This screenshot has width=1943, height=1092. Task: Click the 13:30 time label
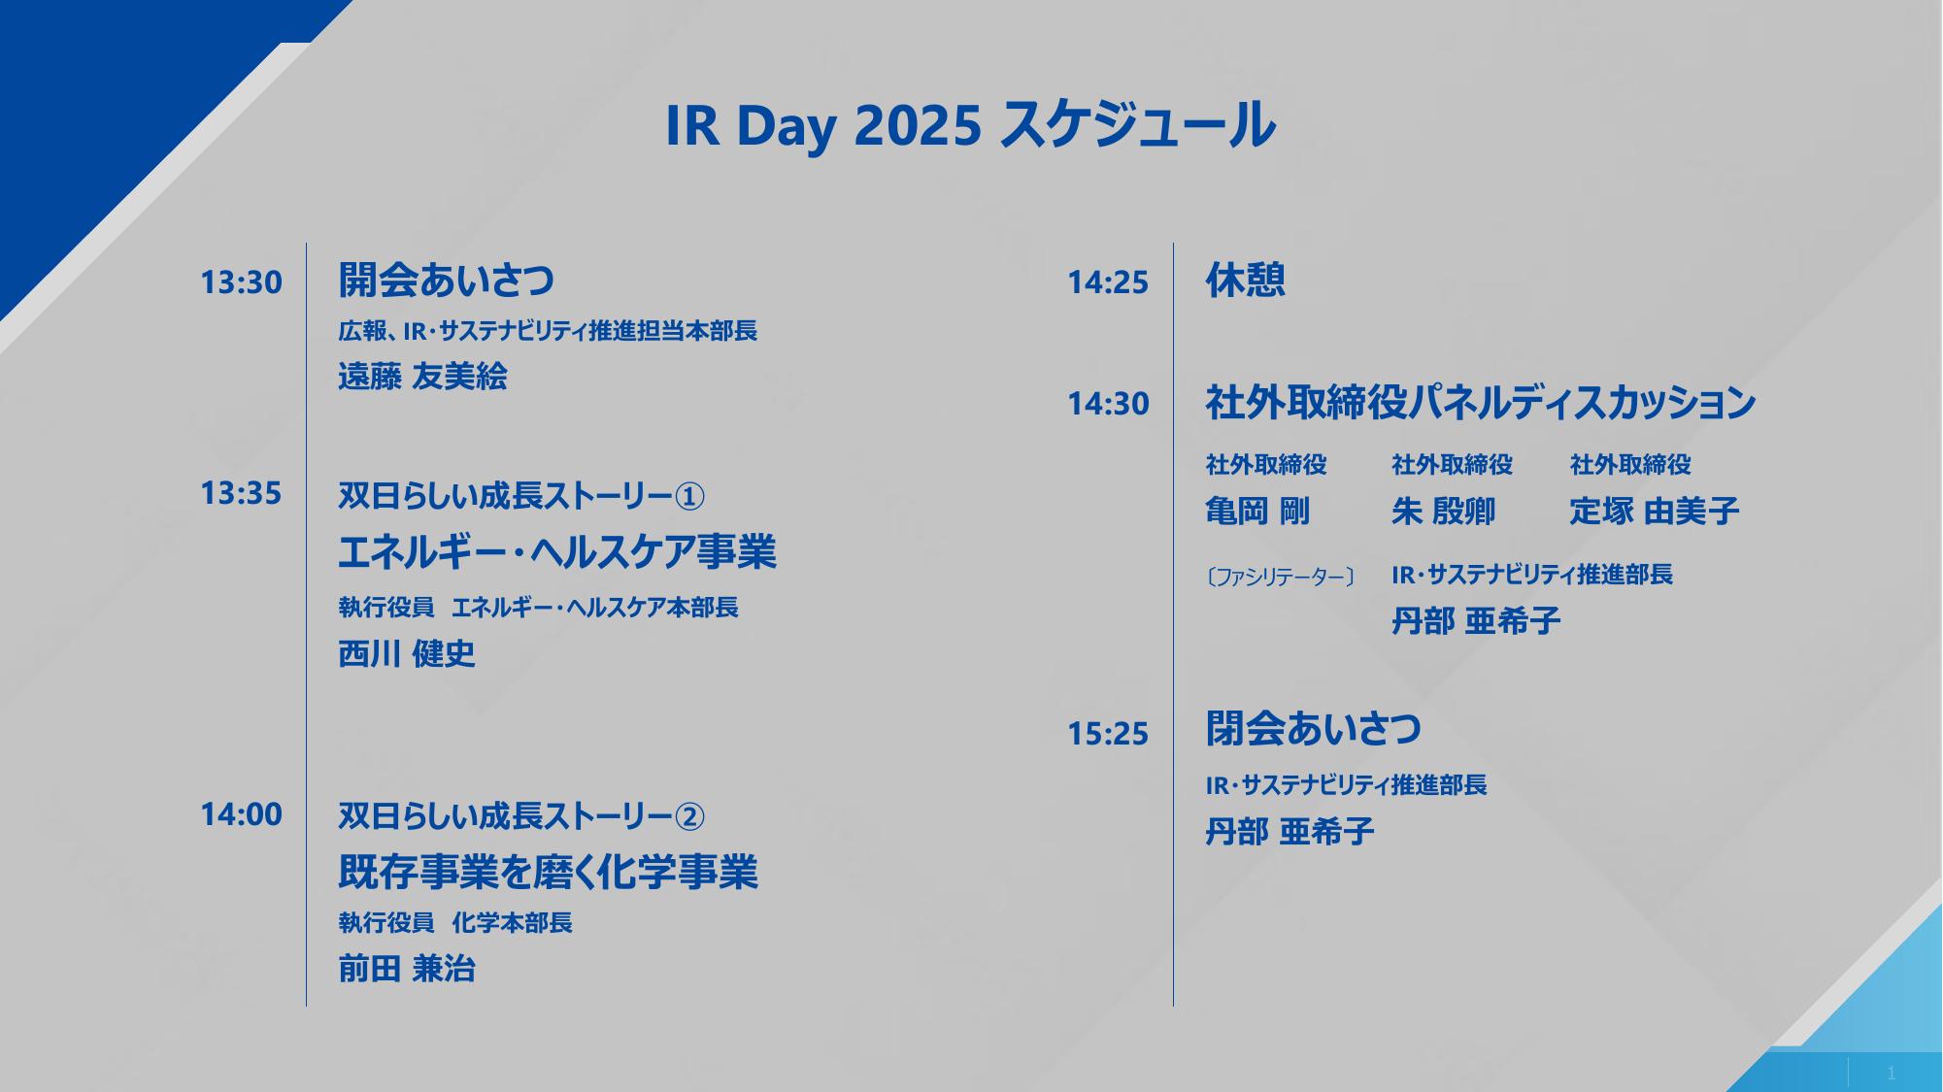tap(241, 282)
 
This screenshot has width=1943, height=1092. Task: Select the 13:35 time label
tap(241, 493)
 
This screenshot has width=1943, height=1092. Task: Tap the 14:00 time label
tap(241, 814)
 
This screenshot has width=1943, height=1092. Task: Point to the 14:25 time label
tap(1108, 282)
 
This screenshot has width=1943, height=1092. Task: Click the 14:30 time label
tap(1108, 404)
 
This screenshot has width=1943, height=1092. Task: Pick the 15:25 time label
tap(1108, 734)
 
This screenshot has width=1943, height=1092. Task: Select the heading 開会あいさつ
tap(447, 281)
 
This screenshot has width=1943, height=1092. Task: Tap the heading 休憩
tap(1246, 281)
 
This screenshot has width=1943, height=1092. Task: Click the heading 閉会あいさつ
tap(1314, 729)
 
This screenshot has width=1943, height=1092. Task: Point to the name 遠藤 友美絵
tap(422, 377)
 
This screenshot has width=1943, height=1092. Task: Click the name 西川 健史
tap(407, 654)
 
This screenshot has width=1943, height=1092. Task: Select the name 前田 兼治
tap(407, 969)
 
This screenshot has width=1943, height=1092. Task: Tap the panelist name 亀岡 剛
tap(1257, 512)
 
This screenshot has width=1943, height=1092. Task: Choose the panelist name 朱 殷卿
tap(1443, 512)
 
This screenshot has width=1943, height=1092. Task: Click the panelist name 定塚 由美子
tap(1655, 512)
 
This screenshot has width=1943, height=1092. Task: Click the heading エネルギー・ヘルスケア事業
tap(557, 552)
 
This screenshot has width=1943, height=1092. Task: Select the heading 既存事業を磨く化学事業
tap(548, 872)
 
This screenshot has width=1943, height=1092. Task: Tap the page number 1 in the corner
tap(1891, 1074)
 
